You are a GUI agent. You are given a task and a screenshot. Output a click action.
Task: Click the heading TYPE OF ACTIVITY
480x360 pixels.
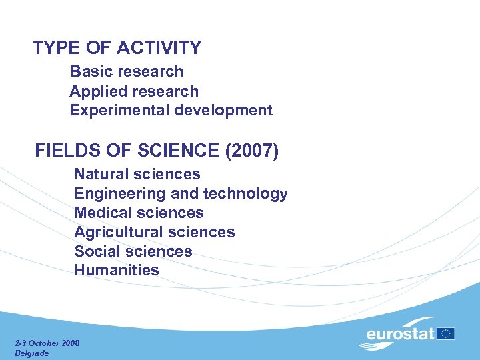point(117,48)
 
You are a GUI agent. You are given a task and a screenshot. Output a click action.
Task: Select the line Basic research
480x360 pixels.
point(127,71)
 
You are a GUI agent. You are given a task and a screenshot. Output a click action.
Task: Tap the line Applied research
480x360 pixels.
point(134,91)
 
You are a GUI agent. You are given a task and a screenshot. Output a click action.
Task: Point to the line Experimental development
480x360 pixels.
point(171,110)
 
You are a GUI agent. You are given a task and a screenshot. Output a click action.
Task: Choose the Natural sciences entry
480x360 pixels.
point(137,174)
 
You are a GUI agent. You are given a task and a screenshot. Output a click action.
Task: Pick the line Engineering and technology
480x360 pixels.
point(181,193)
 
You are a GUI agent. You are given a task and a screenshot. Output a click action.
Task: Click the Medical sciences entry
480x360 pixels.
point(139,213)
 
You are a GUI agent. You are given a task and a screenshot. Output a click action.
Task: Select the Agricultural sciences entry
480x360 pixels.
point(155,232)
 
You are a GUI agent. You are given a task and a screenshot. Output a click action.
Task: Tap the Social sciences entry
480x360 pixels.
point(133,251)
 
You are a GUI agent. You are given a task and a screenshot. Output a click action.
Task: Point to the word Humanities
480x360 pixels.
point(117,270)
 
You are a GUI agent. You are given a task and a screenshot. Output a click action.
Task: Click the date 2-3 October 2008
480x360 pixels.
point(47,343)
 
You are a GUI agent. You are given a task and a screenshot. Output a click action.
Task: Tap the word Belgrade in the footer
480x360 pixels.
point(32,353)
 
